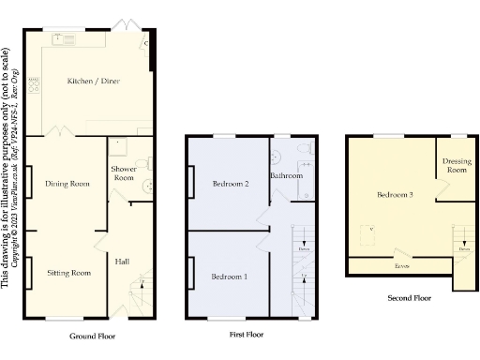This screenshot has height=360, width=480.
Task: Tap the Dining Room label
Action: [x=67, y=184]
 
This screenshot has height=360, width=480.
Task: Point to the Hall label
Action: [x=122, y=261]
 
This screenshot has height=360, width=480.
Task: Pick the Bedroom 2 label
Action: [x=230, y=184]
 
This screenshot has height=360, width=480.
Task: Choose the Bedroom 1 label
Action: [x=230, y=277]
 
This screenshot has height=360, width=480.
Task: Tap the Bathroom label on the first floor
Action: [x=286, y=175]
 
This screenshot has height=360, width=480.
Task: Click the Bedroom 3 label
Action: [x=396, y=195]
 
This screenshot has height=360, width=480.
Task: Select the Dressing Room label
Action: [x=457, y=166]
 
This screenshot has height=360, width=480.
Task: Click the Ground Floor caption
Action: [x=93, y=335]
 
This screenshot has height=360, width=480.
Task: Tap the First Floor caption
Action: [x=247, y=334]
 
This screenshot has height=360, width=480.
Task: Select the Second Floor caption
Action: [x=410, y=298]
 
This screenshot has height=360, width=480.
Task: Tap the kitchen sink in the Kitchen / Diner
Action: [x=68, y=39]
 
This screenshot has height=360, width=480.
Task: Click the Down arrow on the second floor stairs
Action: [x=464, y=249]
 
